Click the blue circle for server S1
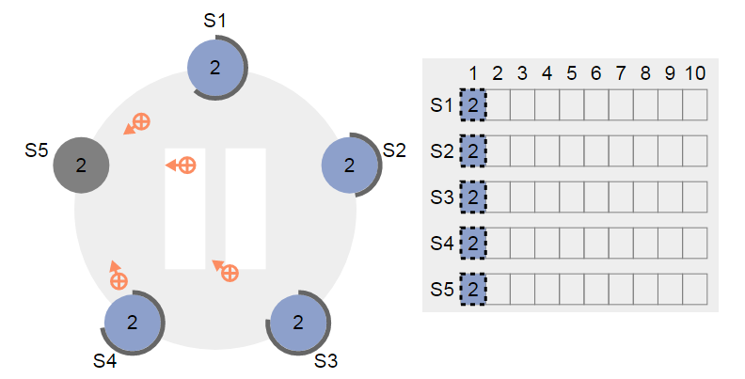[x=215, y=68]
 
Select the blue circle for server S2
[x=350, y=165]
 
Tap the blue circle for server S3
[x=298, y=323]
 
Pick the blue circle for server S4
[x=133, y=323]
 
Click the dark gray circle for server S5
[x=81, y=165]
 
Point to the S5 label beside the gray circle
[x=37, y=150]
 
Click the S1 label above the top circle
[x=214, y=21]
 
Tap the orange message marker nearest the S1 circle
[x=137, y=124]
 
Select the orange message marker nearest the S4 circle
[x=118, y=275]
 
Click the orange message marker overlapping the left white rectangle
[x=181, y=166]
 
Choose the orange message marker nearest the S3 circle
[x=225, y=271]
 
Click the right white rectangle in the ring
[x=246, y=209]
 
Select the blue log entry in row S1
[x=473, y=105]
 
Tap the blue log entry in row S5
[x=473, y=289]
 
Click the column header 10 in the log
[x=695, y=73]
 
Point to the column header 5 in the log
[x=572, y=73]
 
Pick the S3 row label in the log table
[x=442, y=197]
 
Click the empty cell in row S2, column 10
[x=695, y=151]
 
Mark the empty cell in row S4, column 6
[x=596, y=244]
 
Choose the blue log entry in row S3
[x=473, y=197]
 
